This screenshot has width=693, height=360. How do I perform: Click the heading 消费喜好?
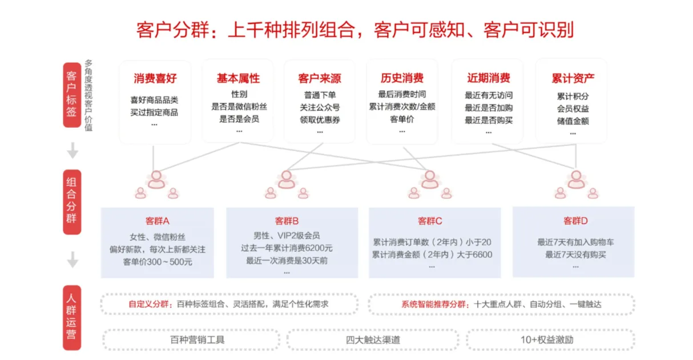point(155,79)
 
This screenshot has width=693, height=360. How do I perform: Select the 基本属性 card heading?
point(237,79)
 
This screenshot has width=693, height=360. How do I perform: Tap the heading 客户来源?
point(320,79)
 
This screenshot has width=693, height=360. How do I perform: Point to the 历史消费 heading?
point(402,79)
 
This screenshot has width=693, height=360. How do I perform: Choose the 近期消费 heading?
point(488,79)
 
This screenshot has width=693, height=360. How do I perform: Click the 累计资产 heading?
point(573,79)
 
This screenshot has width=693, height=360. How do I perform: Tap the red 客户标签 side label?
point(71,94)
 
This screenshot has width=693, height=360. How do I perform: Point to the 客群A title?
point(158,221)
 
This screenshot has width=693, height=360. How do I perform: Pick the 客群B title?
point(287,221)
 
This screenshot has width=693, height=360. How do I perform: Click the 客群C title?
point(430,221)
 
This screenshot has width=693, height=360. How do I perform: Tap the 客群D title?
point(575,221)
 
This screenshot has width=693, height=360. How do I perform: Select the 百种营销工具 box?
point(190,339)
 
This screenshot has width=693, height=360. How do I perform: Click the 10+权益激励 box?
point(547,339)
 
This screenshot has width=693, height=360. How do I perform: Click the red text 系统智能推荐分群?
point(434,304)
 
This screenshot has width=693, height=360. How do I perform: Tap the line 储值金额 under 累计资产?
point(573,121)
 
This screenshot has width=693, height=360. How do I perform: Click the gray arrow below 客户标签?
point(72,151)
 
